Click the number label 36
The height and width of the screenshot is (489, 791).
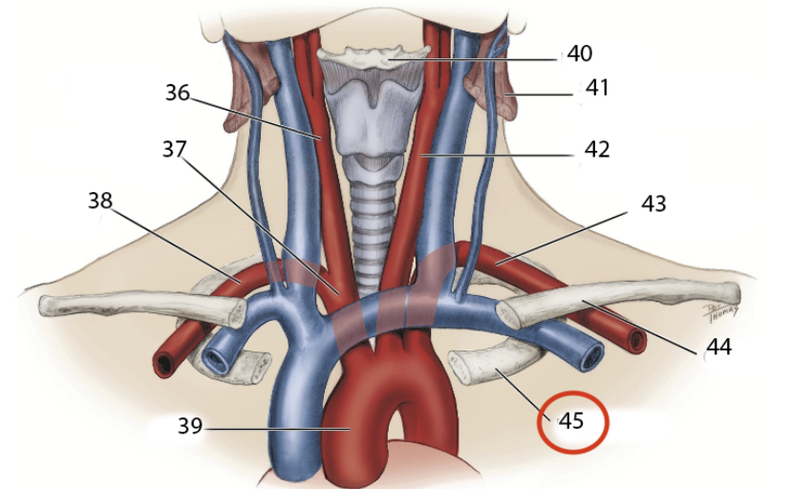pyautogui.click(x=177, y=93)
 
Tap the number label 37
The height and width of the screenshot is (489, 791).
pyautogui.click(x=174, y=149)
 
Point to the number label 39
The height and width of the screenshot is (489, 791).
pyautogui.click(x=190, y=426)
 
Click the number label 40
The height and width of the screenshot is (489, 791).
pyautogui.click(x=579, y=53)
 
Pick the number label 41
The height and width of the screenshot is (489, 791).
pyautogui.click(x=597, y=89)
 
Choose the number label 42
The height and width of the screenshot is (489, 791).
pyautogui.click(x=597, y=149)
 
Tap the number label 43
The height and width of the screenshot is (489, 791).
pyautogui.click(x=654, y=203)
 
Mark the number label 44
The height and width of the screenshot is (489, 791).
pyautogui.click(x=717, y=347)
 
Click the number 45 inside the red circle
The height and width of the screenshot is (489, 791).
pyautogui.click(x=571, y=420)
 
